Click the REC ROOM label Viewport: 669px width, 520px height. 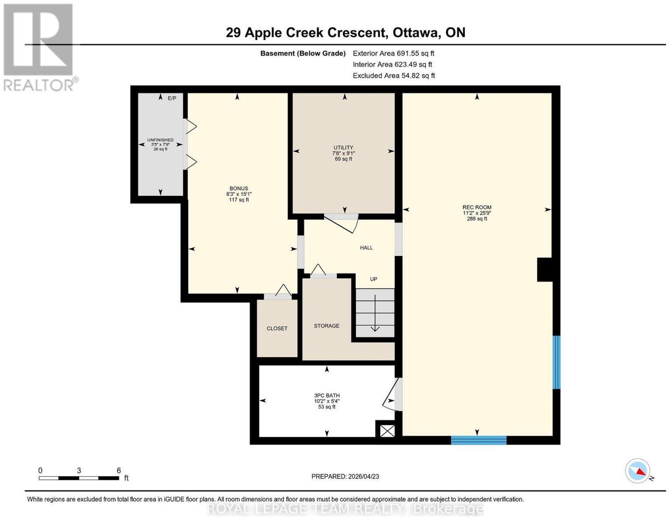(477, 207)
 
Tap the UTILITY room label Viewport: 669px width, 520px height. (343, 148)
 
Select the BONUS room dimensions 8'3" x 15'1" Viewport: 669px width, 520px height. (239, 194)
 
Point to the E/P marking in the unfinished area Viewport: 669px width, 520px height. (172, 98)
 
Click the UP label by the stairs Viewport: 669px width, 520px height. (373, 279)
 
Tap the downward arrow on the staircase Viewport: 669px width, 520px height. (375, 313)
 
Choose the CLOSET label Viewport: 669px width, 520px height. (277, 328)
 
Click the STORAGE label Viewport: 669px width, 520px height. (326, 325)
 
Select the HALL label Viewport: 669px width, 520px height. (366, 248)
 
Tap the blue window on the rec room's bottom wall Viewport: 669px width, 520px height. (478, 440)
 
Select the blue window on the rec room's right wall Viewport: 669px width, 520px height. (556, 362)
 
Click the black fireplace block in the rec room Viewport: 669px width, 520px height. (545, 270)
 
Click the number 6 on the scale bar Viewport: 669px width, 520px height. (118, 471)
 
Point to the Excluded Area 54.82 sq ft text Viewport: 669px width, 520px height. (394, 75)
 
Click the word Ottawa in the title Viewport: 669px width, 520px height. (415, 33)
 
